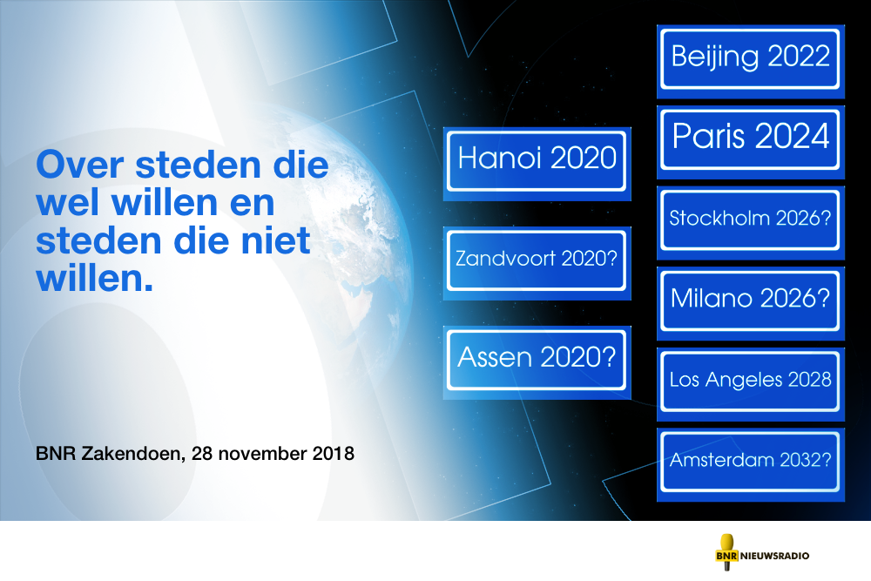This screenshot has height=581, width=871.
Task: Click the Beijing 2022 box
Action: coord(751,61)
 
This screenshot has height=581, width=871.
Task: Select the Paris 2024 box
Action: coord(751,142)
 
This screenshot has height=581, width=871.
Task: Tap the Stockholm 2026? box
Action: coord(751,222)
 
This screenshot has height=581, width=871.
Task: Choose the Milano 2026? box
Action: coord(751,303)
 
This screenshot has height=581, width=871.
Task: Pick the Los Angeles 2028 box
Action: coord(751,384)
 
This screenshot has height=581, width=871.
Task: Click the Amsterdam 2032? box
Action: coord(751,464)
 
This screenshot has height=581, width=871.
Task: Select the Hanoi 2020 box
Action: coord(537,164)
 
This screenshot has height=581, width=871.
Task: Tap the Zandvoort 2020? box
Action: coord(537,263)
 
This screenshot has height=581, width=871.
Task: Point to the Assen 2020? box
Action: coord(537,362)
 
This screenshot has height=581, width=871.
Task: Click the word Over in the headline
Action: coord(80,165)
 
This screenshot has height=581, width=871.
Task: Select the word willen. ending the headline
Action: coord(94,278)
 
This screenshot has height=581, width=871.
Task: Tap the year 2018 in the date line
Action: coord(334,453)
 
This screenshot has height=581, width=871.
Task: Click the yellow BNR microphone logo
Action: coord(726,552)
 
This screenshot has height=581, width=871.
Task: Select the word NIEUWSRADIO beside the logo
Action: coord(774,556)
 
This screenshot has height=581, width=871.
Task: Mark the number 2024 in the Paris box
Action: coord(792,136)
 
